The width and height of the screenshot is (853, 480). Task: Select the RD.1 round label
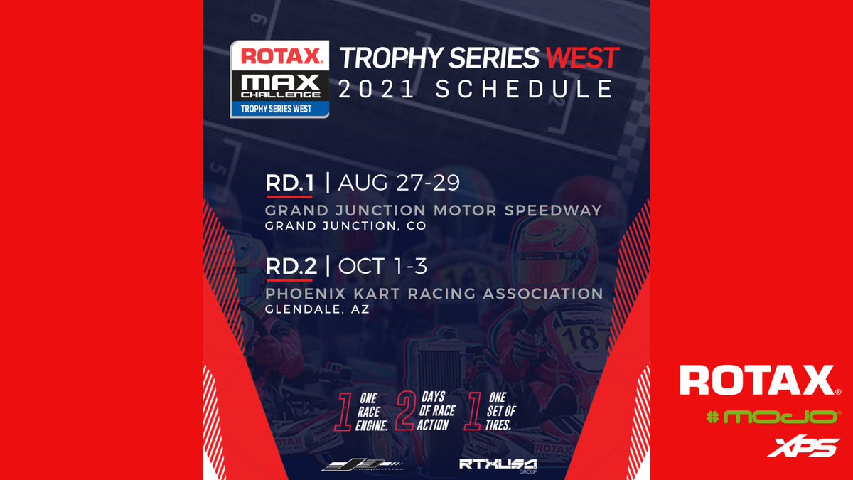pos(289,183)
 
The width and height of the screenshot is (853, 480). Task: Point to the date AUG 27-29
pos(399,183)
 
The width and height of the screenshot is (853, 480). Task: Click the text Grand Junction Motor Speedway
pos(434,210)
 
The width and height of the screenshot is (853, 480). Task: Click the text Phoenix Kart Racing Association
pos(434,293)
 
